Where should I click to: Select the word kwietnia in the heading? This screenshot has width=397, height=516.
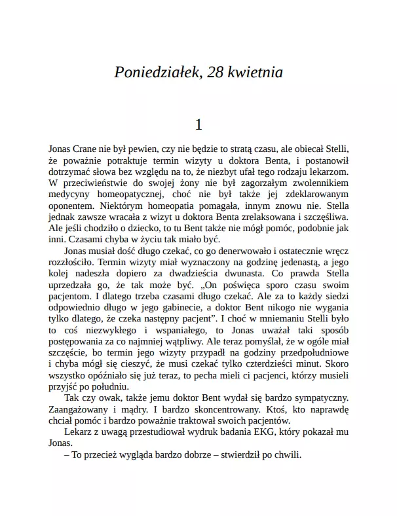(257, 73)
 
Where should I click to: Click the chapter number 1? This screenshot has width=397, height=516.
(198, 124)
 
